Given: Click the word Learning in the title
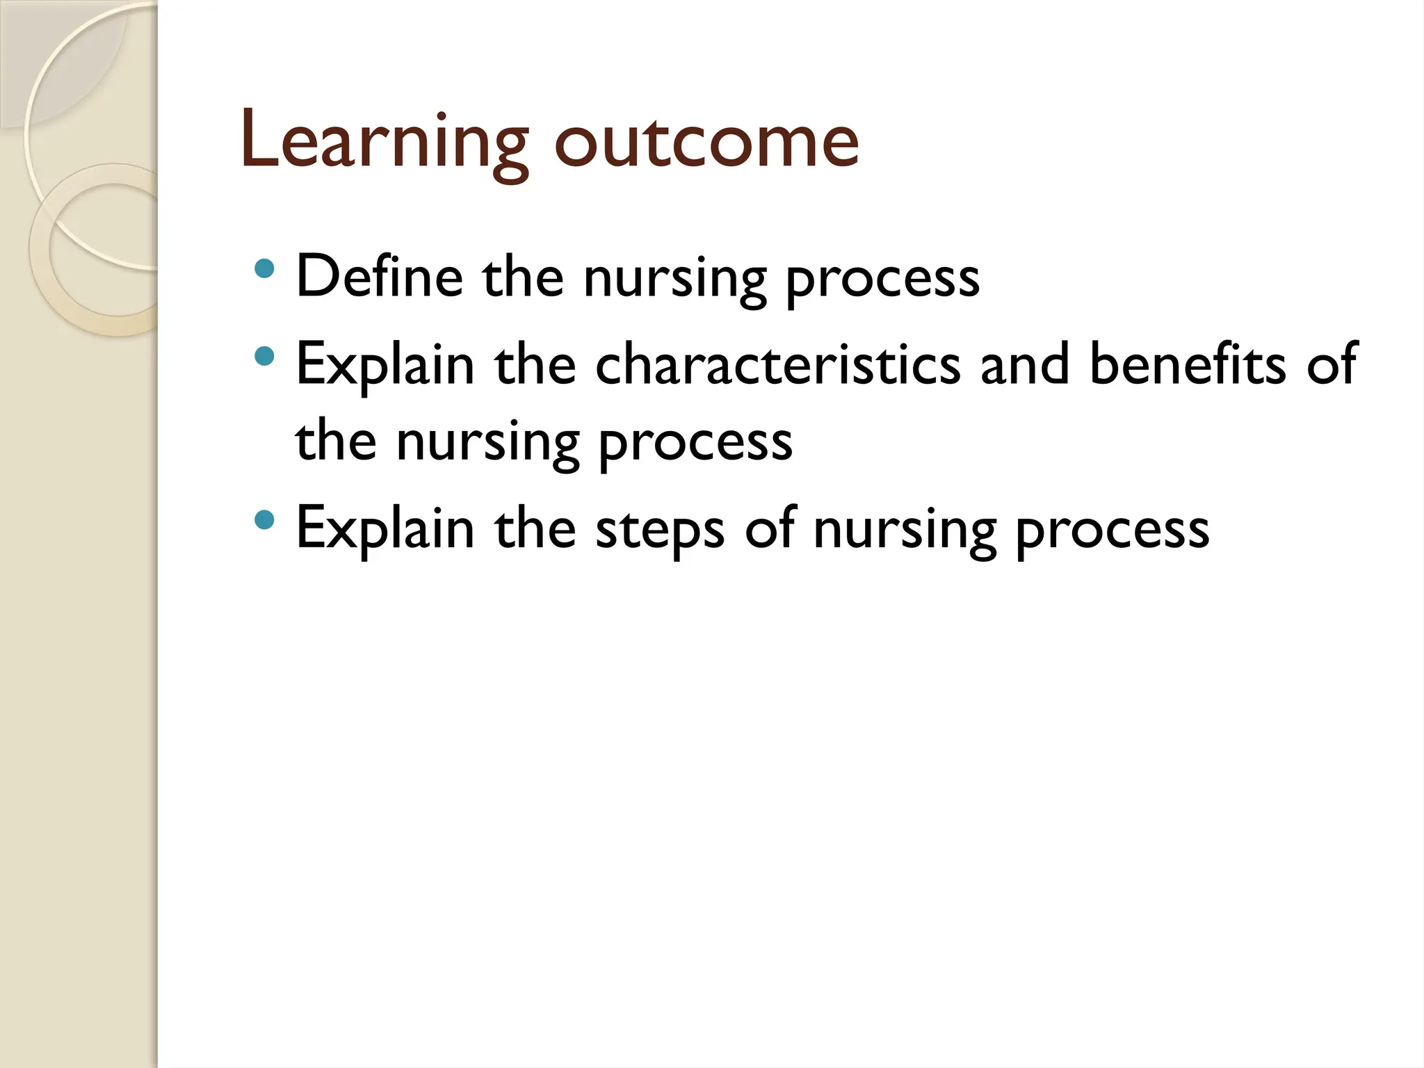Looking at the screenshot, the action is click(x=385, y=142).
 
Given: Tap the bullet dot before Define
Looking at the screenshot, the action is click(x=264, y=268).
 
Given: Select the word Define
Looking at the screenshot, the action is click(x=380, y=275).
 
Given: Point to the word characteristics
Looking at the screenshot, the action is click(x=778, y=364).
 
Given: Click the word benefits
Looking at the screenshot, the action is click(x=1188, y=364).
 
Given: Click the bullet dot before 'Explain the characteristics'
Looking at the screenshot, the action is click(x=264, y=357).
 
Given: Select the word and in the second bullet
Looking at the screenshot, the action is click(x=1024, y=364).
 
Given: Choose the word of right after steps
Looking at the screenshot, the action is click(x=770, y=528).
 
